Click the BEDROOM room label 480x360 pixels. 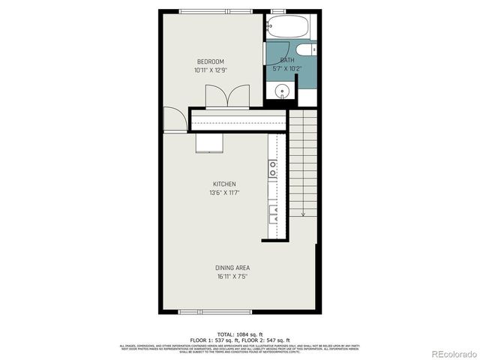[x=210, y=61]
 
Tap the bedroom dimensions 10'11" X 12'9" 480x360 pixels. [x=210, y=70]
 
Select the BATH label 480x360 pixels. [x=287, y=60]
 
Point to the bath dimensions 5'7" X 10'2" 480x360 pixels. [x=287, y=68]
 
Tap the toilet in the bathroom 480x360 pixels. [x=306, y=51]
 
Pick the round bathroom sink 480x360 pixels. [x=281, y=93]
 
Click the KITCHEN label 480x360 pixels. [x=224, y=184]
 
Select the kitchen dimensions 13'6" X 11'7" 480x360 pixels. [x=224, y=193]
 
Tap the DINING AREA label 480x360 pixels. [x=232, y=268]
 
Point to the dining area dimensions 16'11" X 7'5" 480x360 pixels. [x=232, y=276]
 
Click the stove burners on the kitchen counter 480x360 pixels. [x=273, y=168]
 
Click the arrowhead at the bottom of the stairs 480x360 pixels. [x=303, y=214]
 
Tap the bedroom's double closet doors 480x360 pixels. [x=227, y=97]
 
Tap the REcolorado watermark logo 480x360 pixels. [x=448, y=352]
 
